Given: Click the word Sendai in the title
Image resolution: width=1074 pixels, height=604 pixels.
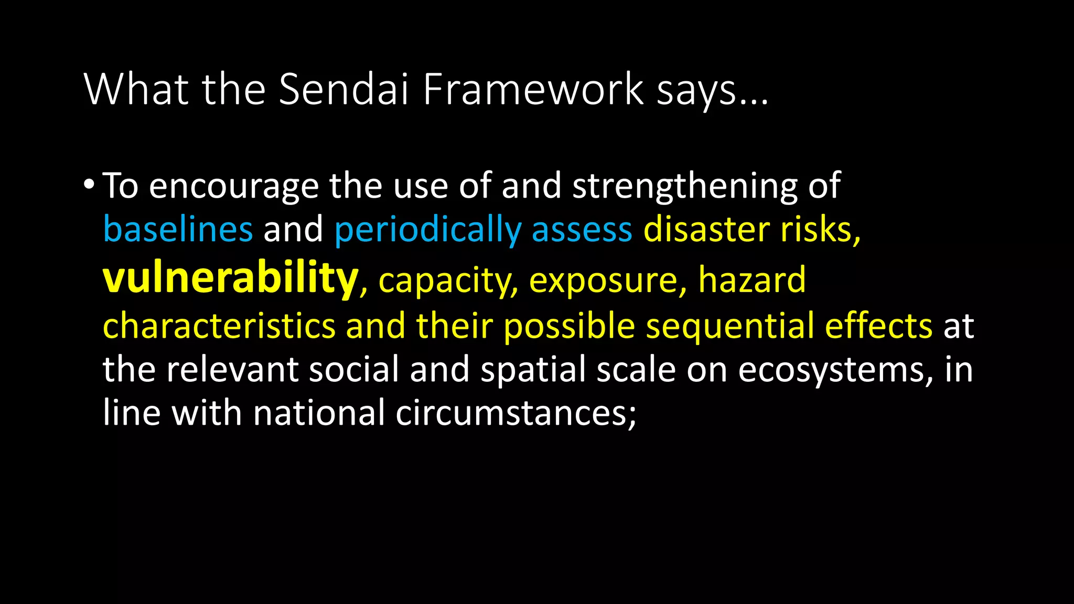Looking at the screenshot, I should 343,89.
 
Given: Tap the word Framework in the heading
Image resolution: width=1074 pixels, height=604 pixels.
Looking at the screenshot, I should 533,89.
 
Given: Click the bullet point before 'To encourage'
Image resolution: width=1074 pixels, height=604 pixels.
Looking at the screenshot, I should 89,185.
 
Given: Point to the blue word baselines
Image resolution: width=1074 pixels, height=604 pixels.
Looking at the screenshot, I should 178,230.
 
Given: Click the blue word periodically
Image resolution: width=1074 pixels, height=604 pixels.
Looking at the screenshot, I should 427,230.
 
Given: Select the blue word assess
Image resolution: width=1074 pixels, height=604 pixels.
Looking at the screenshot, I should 582,230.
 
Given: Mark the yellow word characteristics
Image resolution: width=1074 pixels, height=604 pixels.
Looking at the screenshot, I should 219,325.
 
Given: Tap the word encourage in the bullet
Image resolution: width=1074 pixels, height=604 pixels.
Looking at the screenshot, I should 234,187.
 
